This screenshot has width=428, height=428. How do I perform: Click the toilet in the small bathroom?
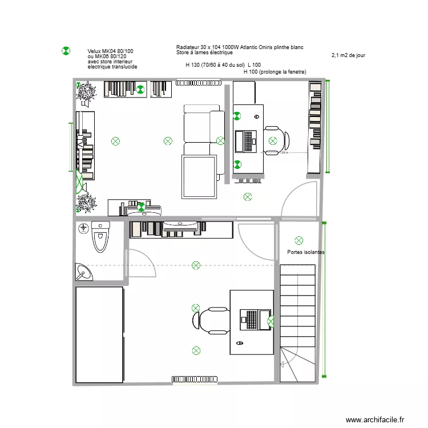pos(100,239)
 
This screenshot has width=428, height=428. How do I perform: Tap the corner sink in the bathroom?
pos(84,272)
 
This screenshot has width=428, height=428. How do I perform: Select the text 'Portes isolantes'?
pos(306,252)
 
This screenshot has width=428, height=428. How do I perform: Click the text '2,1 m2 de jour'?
pos(348,55)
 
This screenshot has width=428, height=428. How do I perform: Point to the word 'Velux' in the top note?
pos(95,51)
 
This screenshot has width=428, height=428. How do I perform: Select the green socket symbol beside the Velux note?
pos(66,51)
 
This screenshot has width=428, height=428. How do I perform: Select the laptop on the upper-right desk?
pos(248,142)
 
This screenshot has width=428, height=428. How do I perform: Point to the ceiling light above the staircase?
pos(298,241)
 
